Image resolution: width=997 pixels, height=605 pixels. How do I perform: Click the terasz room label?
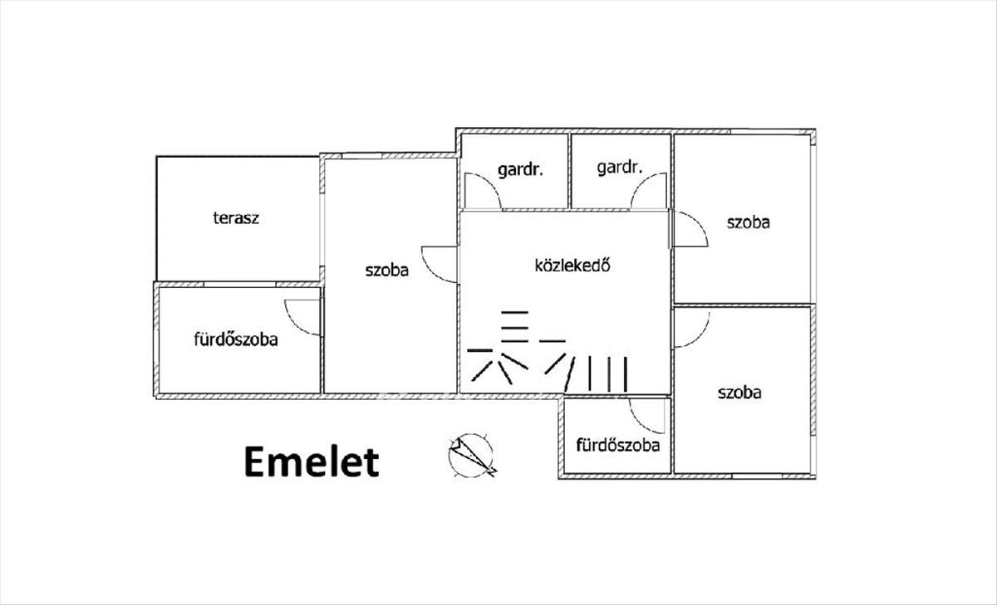coord(236,219)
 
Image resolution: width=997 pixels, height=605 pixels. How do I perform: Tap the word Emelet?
coord(311,462)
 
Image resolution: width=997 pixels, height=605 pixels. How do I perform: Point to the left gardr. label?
coord(520,170)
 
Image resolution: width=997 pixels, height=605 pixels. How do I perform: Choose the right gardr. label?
coord(619,168)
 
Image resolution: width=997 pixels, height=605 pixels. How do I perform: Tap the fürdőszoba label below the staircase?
coord(618,445)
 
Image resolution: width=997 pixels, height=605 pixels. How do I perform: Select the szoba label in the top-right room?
coord(749,222)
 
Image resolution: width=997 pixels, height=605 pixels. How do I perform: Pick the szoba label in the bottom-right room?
coord(739,393)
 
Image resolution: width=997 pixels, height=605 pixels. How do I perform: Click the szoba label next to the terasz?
coord(386,269)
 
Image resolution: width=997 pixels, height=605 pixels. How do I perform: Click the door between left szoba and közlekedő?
coord(440,264)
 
